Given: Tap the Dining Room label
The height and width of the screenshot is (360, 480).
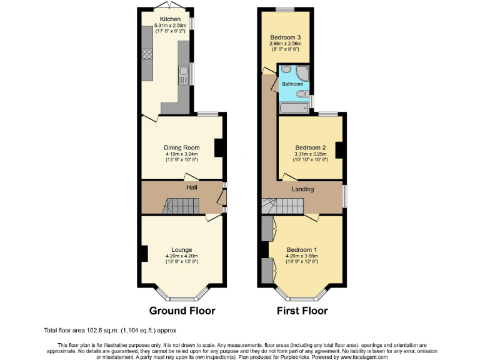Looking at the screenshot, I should coord(181,147).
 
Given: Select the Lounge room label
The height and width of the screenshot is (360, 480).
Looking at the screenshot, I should coord(182,249).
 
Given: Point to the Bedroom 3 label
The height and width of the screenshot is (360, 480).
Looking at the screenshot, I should coord(285,37).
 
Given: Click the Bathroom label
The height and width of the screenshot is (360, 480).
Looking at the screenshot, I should coord(292,84).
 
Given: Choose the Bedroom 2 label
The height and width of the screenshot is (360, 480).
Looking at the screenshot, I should coord(311,147).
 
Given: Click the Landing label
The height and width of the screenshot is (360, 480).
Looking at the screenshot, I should coord(302,189).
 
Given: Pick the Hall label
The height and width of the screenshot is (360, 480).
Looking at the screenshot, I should coord(191,186).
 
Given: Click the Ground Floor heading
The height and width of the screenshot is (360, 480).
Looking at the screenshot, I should coord(182,311).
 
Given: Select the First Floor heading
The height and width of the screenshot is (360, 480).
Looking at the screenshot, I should coord(302,311).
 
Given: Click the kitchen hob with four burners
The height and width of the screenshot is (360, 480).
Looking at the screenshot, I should coord(147,54).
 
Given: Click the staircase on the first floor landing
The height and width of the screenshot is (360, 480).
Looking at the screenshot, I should coord(281,206).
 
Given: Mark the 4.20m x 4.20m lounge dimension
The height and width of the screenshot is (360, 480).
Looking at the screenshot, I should coord(182,256).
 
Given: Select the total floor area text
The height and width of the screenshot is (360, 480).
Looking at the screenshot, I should coord(110,330).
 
